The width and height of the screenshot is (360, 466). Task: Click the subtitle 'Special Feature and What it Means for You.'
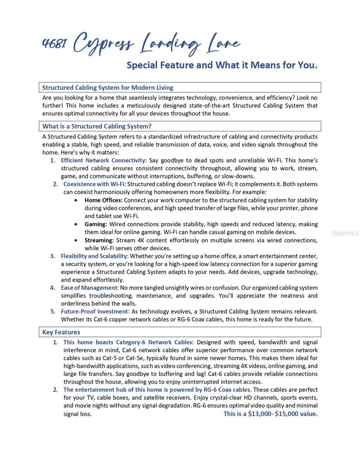point(222,65)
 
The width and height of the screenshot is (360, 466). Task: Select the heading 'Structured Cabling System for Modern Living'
point(108,87)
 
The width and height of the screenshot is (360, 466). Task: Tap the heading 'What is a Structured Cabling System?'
point(97,126)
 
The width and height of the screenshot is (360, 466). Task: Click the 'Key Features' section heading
point(61,332)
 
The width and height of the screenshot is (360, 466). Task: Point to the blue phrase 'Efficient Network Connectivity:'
point(104,160)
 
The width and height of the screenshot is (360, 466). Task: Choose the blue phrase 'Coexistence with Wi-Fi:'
point(95,184)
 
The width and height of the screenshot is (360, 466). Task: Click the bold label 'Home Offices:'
point(103,200)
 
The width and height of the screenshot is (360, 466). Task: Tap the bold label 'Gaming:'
point(96,224)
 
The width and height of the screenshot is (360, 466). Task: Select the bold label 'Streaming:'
point(99,240)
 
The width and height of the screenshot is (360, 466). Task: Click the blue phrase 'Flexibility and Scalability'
point(94,256)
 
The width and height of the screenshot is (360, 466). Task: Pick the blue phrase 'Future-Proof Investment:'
point(95,311)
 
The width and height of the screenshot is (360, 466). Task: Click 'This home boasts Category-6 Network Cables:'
point(128,343)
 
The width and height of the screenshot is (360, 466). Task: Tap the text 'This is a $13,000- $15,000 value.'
point(270,414)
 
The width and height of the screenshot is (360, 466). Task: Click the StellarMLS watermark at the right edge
point(345,233)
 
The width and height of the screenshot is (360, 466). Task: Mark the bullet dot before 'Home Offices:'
point(76,200)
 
